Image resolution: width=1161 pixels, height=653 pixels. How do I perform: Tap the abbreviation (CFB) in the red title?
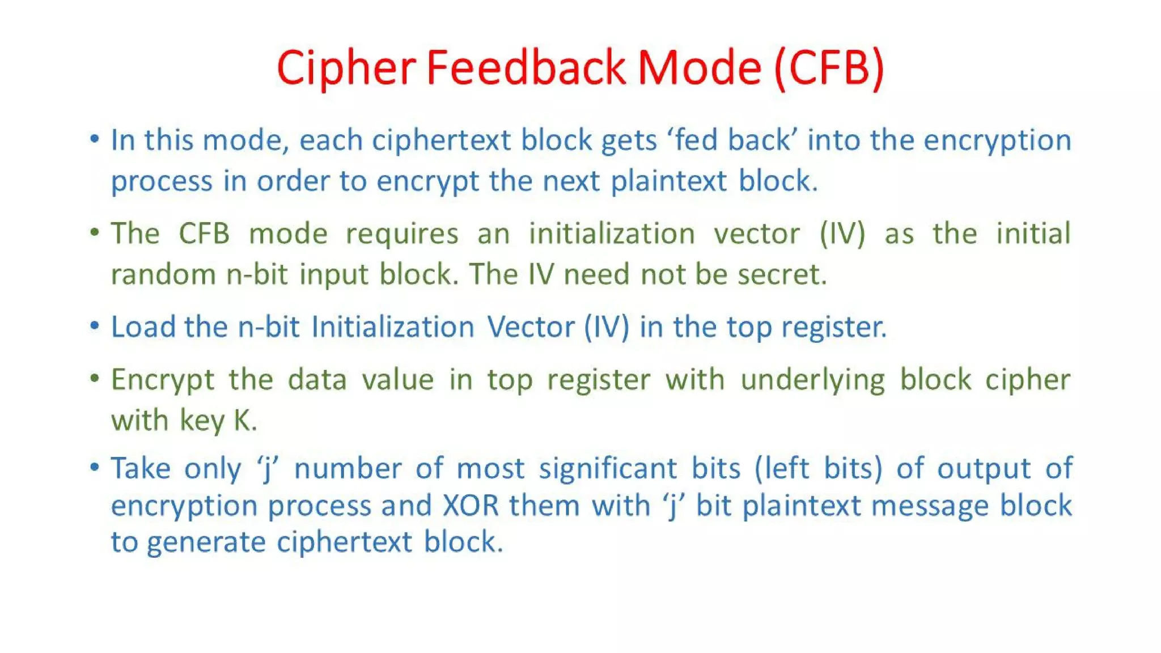(828, 67)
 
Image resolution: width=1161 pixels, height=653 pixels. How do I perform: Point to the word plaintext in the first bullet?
(668, 181)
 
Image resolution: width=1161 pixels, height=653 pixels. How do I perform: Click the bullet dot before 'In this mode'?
(95, 138)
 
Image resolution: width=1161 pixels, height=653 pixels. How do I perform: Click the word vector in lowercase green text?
(756, 234)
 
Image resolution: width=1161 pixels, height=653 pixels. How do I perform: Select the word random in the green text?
(163, 274)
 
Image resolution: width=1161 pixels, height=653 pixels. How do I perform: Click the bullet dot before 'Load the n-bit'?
(95, 325)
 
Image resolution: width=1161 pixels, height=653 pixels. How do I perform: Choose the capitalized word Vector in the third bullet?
(531, 327)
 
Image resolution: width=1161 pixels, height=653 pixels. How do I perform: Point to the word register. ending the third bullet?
(834, 327)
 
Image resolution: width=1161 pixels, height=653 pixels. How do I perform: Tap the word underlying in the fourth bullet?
(812, 379)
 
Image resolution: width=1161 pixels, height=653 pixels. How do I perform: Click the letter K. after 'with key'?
(245, 421)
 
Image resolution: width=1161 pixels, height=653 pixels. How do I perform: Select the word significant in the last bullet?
(608, 468)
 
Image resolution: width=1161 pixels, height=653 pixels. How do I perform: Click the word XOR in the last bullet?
(471, 505)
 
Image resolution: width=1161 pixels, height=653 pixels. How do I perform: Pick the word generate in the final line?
(206, 542)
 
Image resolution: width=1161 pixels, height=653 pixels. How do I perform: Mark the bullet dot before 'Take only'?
(95, 467)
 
